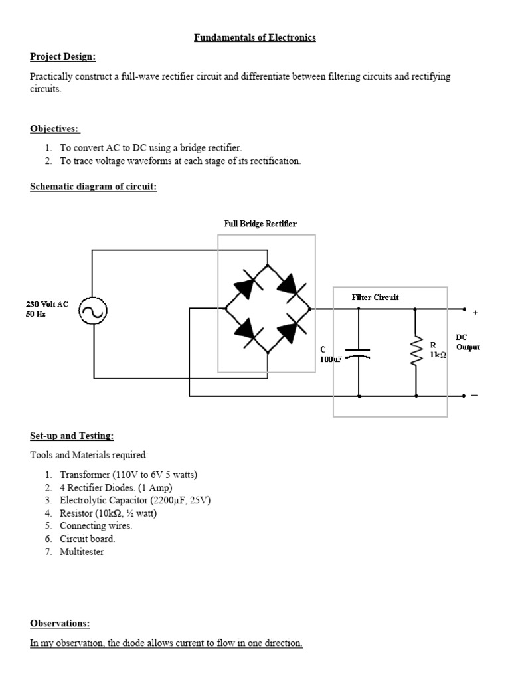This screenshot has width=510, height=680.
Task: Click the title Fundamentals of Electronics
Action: (254, 37)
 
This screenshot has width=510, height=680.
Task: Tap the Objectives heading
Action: (55, 128)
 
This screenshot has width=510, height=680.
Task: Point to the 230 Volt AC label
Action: (47, 304)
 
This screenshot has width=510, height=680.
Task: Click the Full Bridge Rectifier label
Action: (260, 224)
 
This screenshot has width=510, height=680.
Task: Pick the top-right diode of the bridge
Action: (290, 286)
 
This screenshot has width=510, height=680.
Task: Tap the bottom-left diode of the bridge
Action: (244, 329)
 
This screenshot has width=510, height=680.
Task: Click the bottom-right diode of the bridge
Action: (290, 329)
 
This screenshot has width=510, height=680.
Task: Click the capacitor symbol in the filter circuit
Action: (359, 352)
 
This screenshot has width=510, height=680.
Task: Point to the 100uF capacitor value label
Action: (331, 359)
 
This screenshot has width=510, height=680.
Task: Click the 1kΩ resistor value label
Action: (438, 355)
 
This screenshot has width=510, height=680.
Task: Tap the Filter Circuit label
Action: (375, 297)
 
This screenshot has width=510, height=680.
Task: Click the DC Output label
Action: (467, 342)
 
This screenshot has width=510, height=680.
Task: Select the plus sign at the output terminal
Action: (475, 311)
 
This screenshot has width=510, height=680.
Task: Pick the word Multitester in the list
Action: (82, 552)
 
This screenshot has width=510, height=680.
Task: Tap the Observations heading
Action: (60, 623)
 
